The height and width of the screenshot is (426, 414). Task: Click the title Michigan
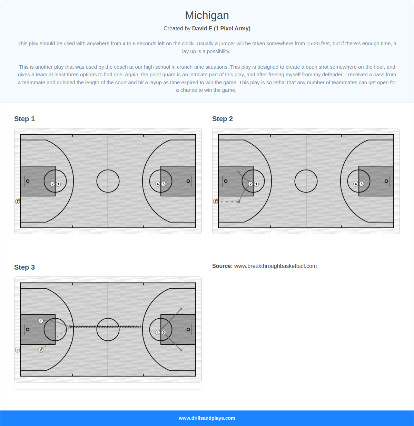pos(207,16)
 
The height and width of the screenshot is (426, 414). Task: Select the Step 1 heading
pos(24,119)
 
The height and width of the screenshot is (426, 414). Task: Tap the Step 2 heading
pos(223,119)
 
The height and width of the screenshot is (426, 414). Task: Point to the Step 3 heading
pos(24,267)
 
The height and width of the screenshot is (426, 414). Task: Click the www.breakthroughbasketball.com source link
pos(275,266)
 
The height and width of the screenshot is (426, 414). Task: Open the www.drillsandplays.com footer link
pos(207,418)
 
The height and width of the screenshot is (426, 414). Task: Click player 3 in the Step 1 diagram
pos(18,201)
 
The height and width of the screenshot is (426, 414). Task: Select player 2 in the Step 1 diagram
pos(53,184)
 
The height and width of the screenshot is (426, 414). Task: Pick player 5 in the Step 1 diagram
pos(164,184)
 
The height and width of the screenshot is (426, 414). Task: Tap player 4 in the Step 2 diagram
pos(356,184)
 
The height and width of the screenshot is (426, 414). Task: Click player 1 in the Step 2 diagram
pos(256,184)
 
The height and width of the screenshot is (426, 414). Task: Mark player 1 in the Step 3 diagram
pos(41,321)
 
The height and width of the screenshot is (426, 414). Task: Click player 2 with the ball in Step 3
pos(41,350)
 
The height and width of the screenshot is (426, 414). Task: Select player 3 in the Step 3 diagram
pos(18,350)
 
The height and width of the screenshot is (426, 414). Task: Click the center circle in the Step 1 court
pos(108,181)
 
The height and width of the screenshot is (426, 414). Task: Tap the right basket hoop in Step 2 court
pos(386,181)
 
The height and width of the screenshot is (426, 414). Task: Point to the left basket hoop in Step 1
pos(28,181)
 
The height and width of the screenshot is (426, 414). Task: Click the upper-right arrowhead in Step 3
pos(181,309)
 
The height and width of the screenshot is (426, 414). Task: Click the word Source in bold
pos(222,266)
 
